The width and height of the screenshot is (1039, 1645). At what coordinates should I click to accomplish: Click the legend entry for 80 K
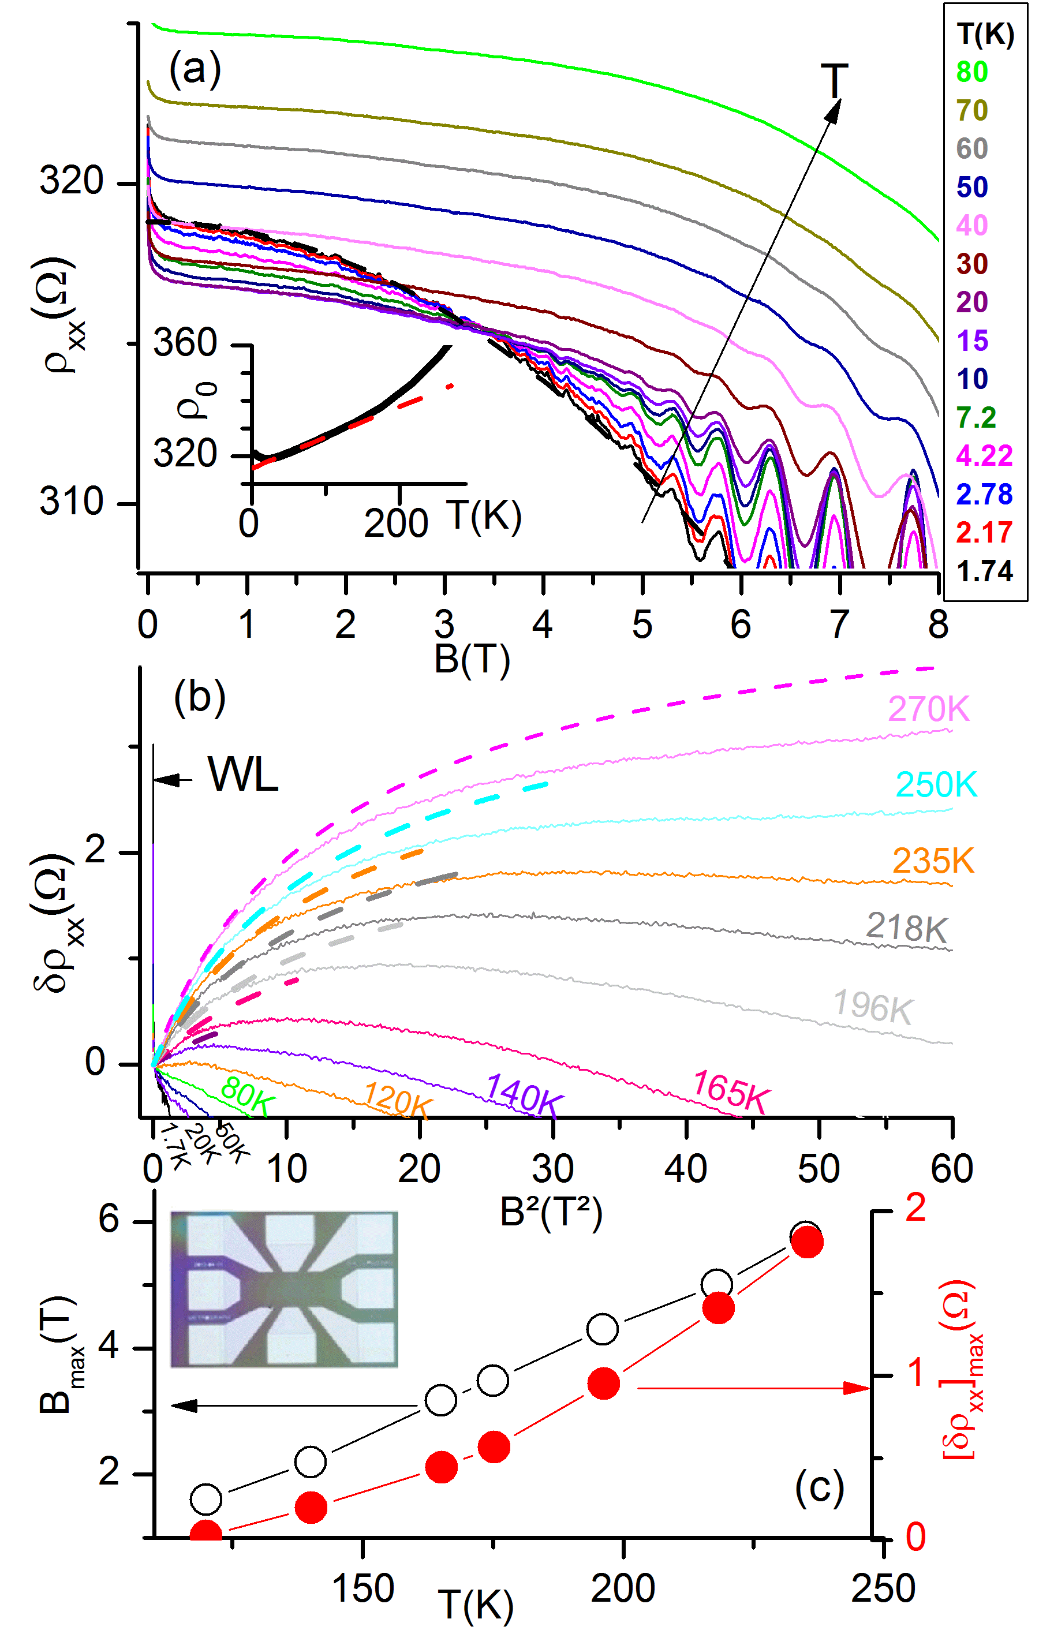tap(971, 72)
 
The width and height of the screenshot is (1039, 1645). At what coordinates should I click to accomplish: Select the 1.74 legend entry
tap(984, 571)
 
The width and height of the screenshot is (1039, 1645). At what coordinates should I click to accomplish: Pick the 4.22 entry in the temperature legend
tap(984, 455)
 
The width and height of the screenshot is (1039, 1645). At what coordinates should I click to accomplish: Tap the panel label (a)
tap(195, 69)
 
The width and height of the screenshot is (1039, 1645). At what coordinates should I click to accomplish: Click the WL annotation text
tap(243, 775)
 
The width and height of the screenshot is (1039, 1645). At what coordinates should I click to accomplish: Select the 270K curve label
tap(928, 709)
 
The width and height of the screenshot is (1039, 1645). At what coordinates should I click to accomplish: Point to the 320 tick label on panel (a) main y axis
tap(71, 181)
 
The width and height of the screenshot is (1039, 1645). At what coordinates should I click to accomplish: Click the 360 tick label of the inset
tap(185, 342)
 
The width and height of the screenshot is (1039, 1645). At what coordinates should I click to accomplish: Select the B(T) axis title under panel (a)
tap(472, 660)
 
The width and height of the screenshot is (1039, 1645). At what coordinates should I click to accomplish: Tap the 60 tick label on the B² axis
tap(952, 1169)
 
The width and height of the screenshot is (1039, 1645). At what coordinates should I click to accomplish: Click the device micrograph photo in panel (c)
tap(283, 1289)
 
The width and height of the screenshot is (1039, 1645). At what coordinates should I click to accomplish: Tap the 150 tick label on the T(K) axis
tap(362, 1588)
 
